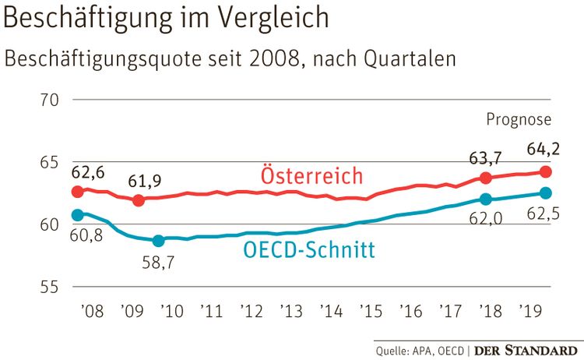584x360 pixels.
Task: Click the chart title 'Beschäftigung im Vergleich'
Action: point(166,19)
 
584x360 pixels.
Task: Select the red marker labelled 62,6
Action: point(77,192)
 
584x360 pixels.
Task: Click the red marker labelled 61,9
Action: point(139,200)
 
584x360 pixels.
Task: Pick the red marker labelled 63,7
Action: point(486,178)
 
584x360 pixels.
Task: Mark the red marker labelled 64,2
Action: point(546,171)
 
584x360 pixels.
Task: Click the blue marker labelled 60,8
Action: point(77,214)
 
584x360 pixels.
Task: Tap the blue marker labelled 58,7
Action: point(158,241)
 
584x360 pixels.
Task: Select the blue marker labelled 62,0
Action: point(486,199)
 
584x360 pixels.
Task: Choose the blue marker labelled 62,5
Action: point(546,192)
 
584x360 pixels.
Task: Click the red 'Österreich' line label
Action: point(313,174)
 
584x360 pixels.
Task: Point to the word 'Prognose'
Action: point(519,119)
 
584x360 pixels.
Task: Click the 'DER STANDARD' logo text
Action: point(527,350)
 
